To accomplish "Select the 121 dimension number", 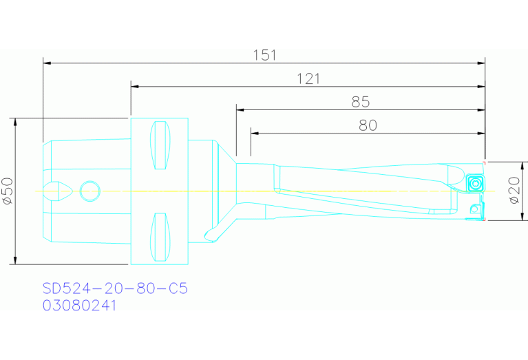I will pos(308,78).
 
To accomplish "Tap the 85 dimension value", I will pos(360,102).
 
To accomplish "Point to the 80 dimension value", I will pos(368,125).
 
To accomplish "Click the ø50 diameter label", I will pos(8,191).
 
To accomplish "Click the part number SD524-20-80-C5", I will pos(115,288).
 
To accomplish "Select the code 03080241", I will pos(79,305).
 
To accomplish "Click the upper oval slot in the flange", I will pos(160,145).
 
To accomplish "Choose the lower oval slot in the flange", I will pos(160,237).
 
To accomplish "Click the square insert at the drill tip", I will pos(474,184).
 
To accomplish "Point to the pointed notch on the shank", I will pos(60,191).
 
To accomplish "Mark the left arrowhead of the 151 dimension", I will pos(46,63).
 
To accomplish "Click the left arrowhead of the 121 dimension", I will pos(134,86).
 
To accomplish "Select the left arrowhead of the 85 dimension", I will pos(240,109).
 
